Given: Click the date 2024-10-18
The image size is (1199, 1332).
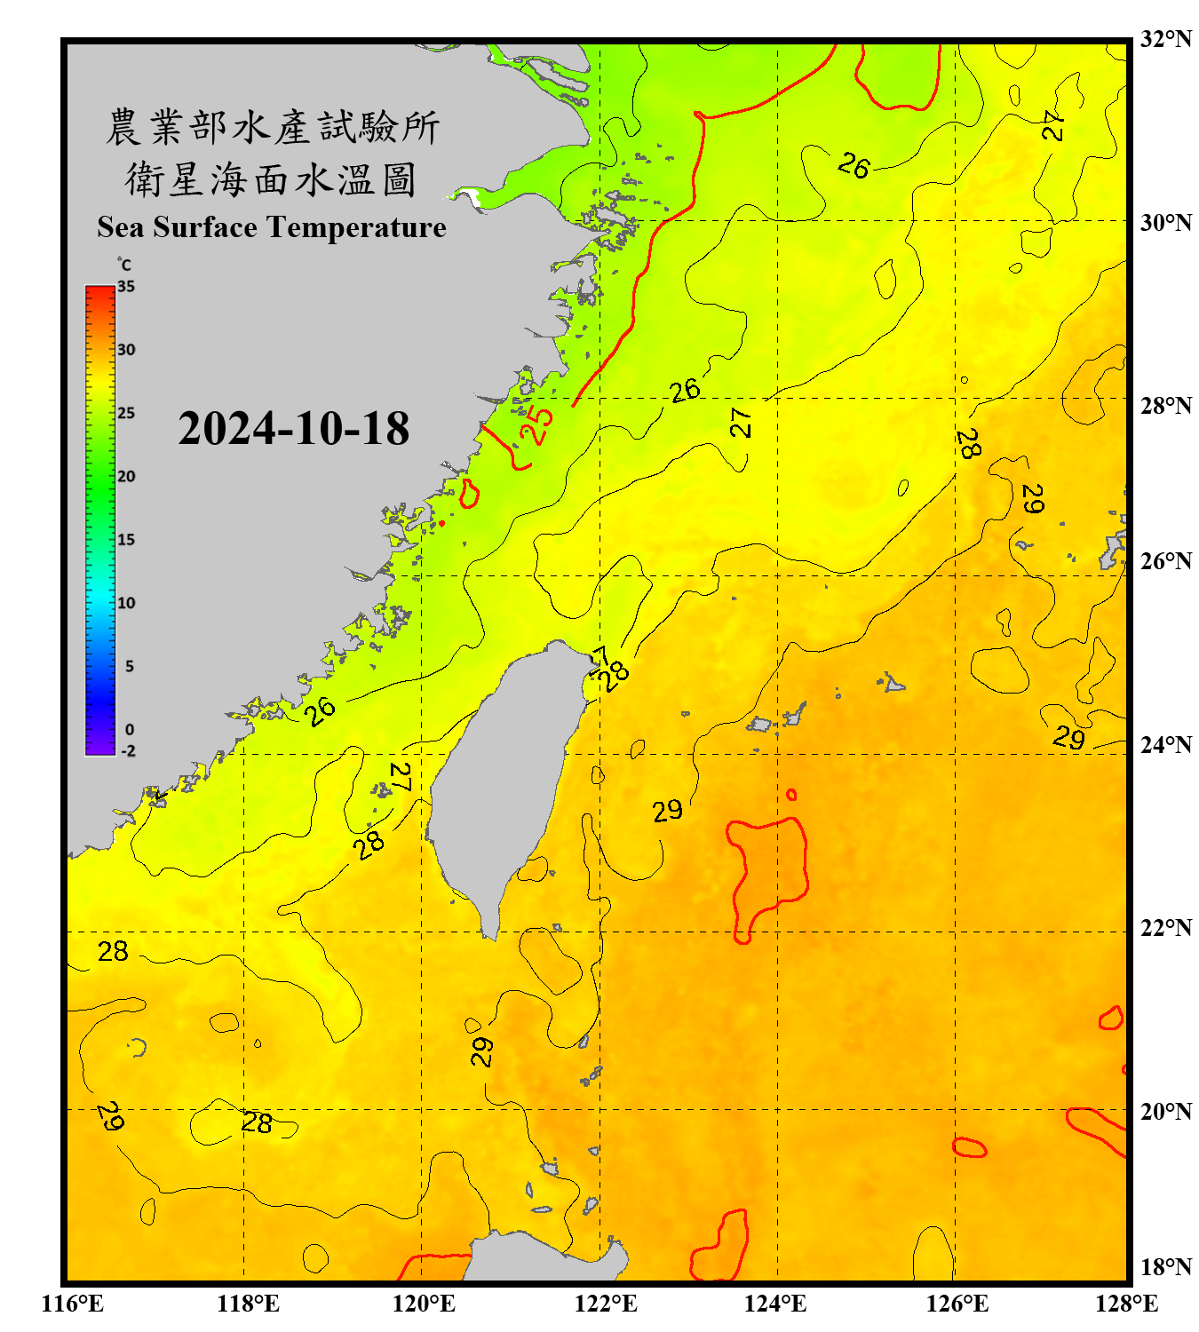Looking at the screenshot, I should click(293, 429).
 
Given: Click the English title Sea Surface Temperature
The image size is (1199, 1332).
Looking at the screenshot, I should click(271, 227).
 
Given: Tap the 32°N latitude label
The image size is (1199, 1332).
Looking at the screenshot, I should click(1165, 39).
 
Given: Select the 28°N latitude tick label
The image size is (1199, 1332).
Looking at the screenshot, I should click(1165, 406).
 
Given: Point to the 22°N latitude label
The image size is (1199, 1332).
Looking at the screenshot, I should click(1165, 928).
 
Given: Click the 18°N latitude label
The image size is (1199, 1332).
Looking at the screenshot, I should click(1165, 1267).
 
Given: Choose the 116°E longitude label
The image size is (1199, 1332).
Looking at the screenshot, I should click(72, 1304).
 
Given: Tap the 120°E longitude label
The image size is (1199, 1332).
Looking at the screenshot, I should click(424, 1304).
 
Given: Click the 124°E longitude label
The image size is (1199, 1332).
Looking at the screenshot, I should click(775, 1304).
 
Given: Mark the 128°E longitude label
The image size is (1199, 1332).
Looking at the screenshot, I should click(1126, 1304).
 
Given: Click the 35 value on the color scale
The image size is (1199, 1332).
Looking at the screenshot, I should click(126, 287).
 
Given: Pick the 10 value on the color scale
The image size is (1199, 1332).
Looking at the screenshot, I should click(126, 603).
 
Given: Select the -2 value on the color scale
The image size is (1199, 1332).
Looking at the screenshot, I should click(128, 751).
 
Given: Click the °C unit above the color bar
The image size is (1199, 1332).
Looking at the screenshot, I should click(123, 265).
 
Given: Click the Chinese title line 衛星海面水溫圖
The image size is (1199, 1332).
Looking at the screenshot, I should click(271, 179).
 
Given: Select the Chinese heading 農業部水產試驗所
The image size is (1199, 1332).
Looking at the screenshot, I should click(273, 127).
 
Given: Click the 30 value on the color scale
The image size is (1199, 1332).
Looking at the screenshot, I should click(126, 350).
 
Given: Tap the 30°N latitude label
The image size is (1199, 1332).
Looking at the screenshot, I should click(1165, 223).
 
